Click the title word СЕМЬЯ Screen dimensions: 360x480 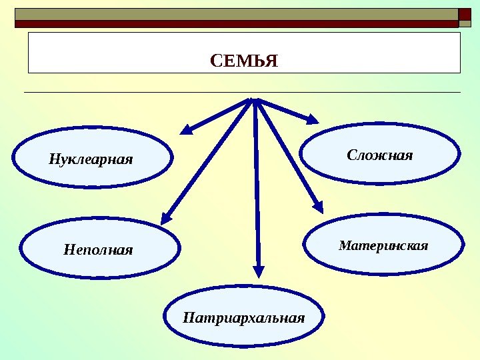coord(243,62)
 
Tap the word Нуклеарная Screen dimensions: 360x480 coord(91,160)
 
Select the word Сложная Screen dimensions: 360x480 coord(380,155)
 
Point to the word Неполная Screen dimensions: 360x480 coord(99,251)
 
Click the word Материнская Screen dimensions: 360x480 coord(383,245)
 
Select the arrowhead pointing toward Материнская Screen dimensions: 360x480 coord(319,207)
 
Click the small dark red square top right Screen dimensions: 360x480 coord(465,14)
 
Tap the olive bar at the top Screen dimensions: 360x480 coord(233,14)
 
